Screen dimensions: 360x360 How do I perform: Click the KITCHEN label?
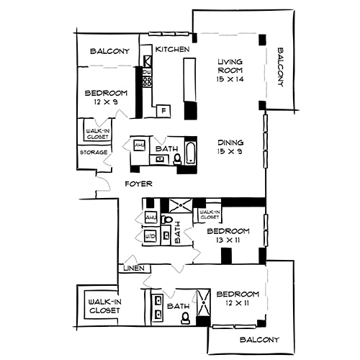[x=172, y=50]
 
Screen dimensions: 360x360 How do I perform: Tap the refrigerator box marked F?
[x=164, y=110]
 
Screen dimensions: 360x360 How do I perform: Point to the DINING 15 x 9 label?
[x=231, y=147]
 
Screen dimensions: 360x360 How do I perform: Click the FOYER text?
[x=138, y=184]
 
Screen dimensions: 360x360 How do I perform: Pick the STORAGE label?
[x=94, y=153]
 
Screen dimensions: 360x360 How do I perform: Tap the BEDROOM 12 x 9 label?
[x=106, y=97]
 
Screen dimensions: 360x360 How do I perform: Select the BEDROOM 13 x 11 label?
[x=228, y=235]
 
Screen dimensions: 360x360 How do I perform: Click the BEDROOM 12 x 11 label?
[x=238, y=299]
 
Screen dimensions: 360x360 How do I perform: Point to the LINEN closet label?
[x=135, y=269]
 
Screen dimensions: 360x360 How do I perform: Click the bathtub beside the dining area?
[x=190, y=153]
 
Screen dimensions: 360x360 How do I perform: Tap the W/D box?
[x=151, y=235]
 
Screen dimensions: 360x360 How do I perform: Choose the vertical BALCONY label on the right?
[x=280, y=68]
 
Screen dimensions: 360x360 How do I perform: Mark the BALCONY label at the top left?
[x=109, y=52]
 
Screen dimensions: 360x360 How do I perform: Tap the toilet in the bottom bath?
[x=184, y=317]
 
